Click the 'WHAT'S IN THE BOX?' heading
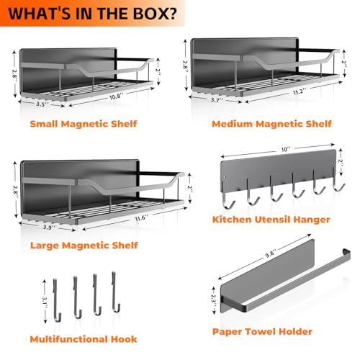92,14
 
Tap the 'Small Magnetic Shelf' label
84,124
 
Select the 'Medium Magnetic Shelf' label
271,124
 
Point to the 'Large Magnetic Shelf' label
84,246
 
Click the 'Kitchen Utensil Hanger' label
271,220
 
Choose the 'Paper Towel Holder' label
262,332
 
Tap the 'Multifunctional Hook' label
84,339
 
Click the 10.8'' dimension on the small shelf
117,96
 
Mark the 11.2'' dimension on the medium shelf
300,91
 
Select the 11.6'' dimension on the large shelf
142,218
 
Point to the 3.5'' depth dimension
42,104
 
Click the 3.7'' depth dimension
217,100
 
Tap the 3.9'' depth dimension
50,227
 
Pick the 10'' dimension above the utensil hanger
286,150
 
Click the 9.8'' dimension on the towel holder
271,254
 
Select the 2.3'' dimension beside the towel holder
214,299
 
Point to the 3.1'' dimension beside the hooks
45,302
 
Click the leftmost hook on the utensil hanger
228,196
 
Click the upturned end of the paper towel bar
347,252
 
